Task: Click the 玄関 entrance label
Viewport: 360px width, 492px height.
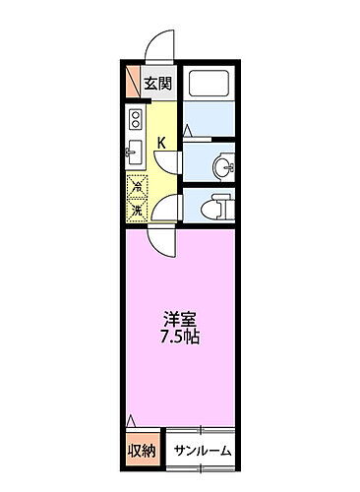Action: (x=157, y=84)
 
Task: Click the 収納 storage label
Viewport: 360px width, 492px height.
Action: (x=140, y=452)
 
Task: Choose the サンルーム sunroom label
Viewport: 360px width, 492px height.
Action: (x=203, y=452)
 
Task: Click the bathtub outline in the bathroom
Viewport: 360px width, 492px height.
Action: (x=209, y=89)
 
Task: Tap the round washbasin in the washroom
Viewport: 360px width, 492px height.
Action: (x=223, y=165)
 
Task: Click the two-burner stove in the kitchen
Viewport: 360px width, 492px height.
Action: (x=134, y=123)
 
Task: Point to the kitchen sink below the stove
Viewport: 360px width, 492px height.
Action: (x=134, y=152)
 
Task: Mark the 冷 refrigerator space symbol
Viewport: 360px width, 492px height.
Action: (x=137, y=186)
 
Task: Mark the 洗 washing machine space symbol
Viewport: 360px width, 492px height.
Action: (x=137, y=208)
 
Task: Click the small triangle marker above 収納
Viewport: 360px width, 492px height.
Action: (x=132, y=421)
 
